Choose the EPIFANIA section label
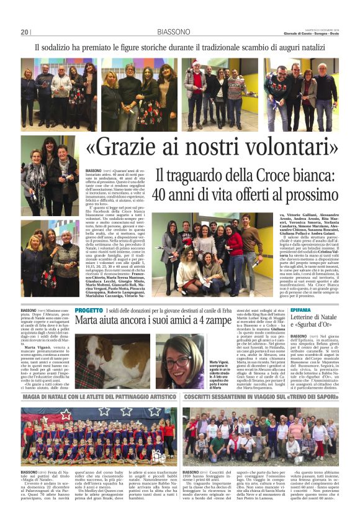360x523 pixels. click(x=300, y=309)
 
